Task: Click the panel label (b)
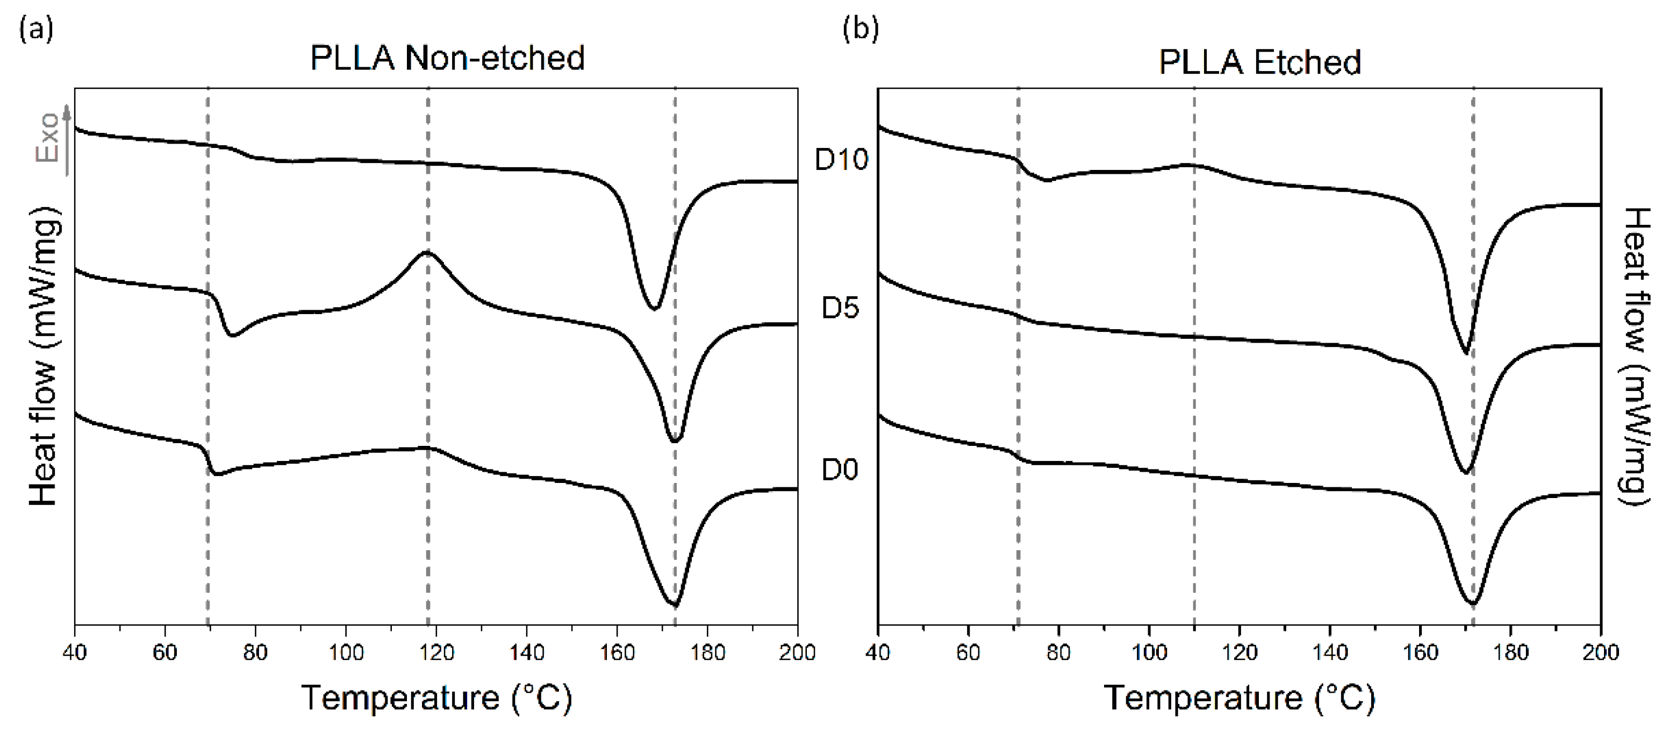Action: [861, 29]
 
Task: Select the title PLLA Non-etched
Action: [447, 58]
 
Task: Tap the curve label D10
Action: [841, 159]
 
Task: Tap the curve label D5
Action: [840, 309]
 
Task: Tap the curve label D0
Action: [840, 470]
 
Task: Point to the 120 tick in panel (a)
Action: [437, 652]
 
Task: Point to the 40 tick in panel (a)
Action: [75, 652]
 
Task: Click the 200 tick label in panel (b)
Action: [1600, 652]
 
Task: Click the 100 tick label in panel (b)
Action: [1149, 652]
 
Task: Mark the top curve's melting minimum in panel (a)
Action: [654, 309]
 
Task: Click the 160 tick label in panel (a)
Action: [618, 652]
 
